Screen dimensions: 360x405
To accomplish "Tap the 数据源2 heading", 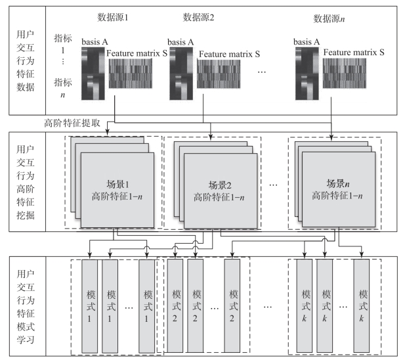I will [199, 18].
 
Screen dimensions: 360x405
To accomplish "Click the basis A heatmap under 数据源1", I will [93, 74].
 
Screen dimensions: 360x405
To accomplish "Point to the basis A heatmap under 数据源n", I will [307, 74].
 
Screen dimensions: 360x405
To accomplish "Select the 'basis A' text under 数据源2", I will [182, 43].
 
